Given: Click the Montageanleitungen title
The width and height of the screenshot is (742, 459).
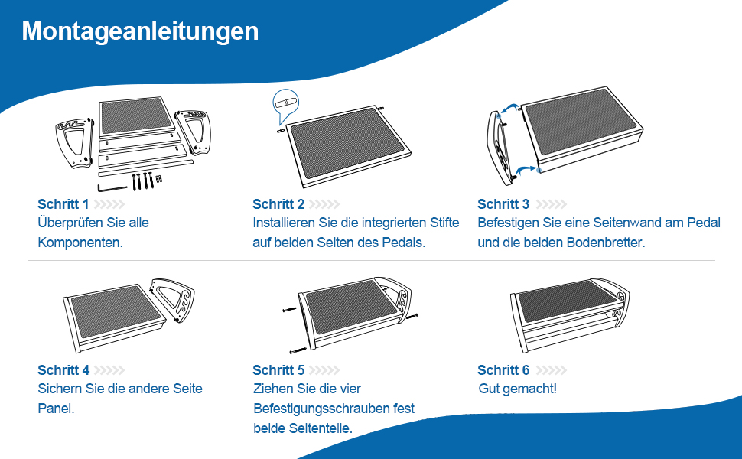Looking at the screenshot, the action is tap(140, 32).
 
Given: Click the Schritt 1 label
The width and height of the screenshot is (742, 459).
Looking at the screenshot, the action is tap(63, 204).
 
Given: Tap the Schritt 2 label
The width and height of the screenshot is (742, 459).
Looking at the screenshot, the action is tap(278, 204).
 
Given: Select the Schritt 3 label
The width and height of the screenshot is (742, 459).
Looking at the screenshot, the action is tap(503, 204).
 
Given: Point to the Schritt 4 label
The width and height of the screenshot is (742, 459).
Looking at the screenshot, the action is tap(63, 370).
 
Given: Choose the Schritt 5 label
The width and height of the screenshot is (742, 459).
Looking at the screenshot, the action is tap(278, 370).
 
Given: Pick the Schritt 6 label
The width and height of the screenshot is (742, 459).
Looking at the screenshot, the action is tap(503, 370).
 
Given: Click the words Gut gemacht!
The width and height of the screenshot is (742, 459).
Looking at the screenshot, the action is tap(517, 389).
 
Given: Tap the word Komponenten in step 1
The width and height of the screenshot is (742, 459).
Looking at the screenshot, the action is tap(80, 243).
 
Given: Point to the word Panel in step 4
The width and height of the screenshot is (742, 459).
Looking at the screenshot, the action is tap(55, 409).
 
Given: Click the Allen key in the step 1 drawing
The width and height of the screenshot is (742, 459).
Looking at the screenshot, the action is tap(112, 188).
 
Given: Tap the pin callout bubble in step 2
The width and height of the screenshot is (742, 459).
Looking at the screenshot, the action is tap(285, 105).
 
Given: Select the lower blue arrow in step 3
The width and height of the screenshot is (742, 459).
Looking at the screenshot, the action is tap(526, 170).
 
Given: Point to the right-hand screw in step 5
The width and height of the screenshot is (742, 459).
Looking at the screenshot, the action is tap(412, 316).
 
